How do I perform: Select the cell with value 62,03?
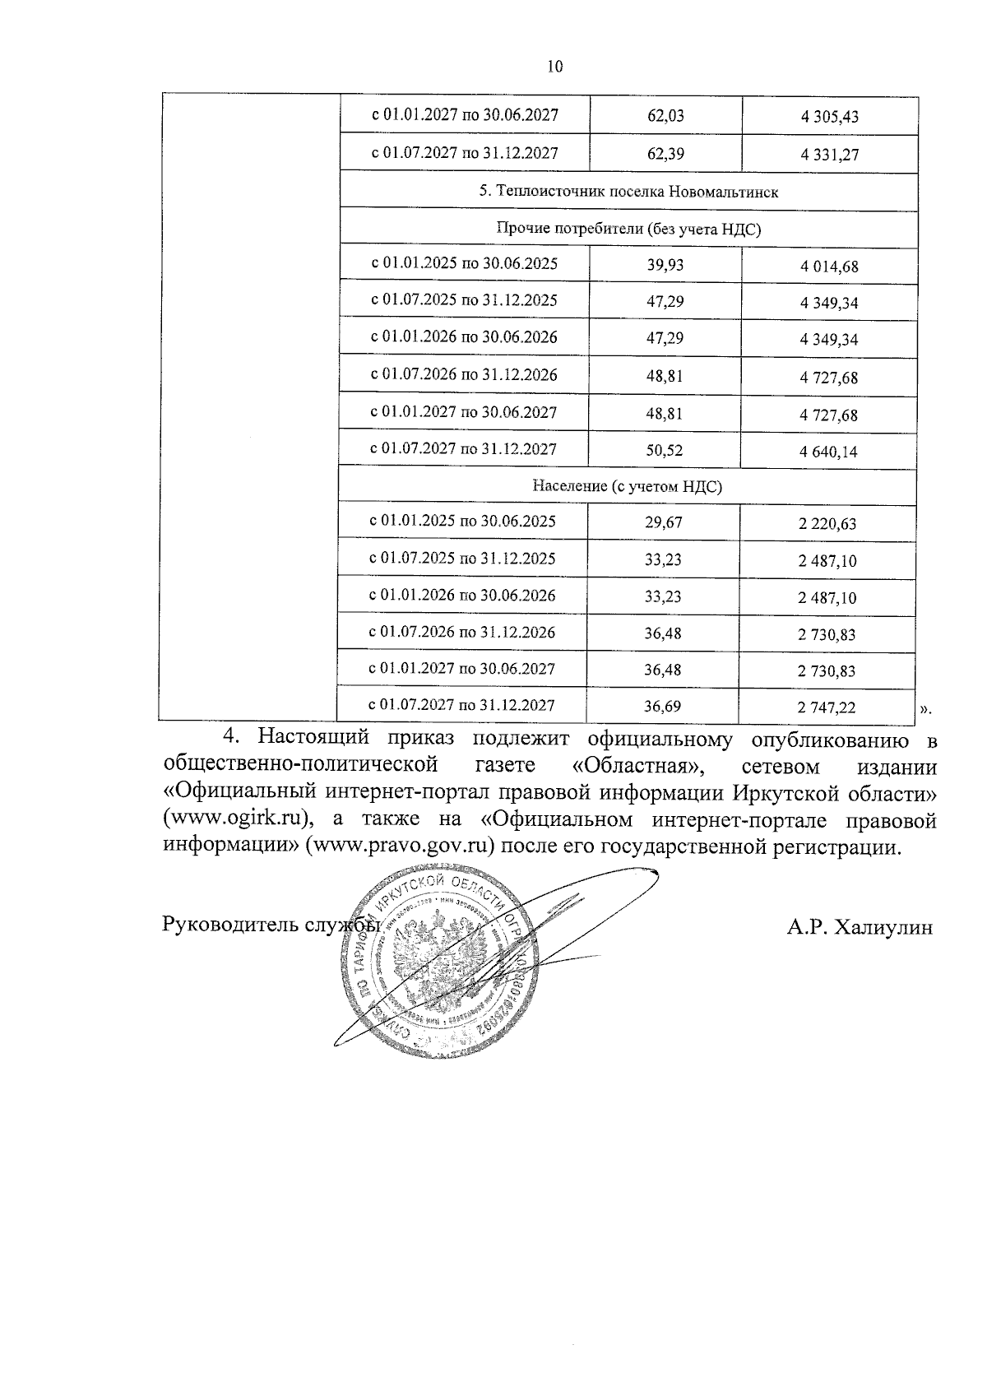tap(665, 116)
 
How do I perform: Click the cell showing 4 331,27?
tap(829, 154)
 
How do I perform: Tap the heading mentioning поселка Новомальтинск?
tap(628, 192)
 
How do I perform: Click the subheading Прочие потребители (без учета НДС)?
tap(628, 230)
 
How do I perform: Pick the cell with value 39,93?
tap(665, 265)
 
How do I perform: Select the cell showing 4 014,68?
tap(829, 267)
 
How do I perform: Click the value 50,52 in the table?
tap(665, 451)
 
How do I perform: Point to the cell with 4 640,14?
tap(828, 452)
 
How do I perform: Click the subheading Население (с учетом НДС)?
tap(627, 486)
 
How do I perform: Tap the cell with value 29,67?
tap(664, 522)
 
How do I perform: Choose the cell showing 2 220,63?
tap(827, 523)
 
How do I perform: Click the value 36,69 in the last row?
tap(663, 706)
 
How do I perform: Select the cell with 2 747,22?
tap(827, 707)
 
